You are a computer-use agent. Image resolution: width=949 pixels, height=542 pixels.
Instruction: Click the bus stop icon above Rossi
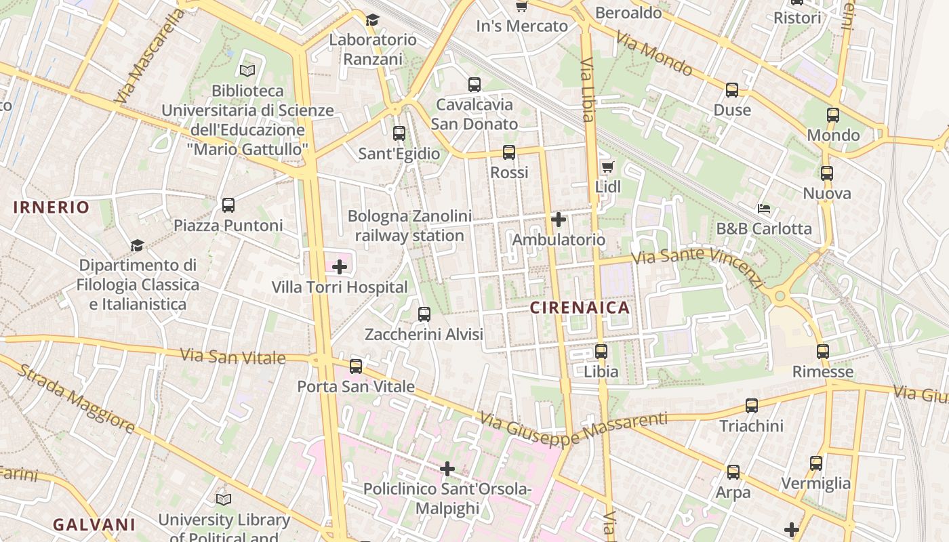pyautogui.click(x=509, y=152)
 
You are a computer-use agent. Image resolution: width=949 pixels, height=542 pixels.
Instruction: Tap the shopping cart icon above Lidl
pyautogui.click(x=607, y=167)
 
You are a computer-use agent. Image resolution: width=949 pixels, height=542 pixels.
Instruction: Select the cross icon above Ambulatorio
pyautogui.click(x=559, y=220)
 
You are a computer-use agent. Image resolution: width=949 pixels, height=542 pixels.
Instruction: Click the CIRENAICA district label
pyautogui.click(x=580, y=308)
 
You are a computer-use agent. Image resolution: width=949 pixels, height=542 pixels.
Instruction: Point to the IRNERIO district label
pyautogui.click(x=51, y=207)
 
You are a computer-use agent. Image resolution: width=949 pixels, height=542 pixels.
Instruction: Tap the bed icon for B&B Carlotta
pyautogui.click(x=764, y=209)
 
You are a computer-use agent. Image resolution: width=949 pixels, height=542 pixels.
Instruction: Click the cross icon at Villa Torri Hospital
pyautogui.click(x=340, y=267)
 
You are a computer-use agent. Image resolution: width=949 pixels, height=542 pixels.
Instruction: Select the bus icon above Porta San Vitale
pyautogui.click(x=356, y=367)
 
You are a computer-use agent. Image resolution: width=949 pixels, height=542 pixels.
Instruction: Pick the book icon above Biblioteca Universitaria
pyautogui.click(x=247, y=70)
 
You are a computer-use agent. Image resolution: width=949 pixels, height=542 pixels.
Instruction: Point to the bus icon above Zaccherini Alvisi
pyautogui.click(x=424, y=314)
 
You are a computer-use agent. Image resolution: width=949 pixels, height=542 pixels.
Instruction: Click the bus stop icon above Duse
pyautogui.click(x=732, y=90)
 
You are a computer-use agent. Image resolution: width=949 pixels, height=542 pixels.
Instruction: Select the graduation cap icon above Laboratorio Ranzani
pyautogui.click(x=372, y=20)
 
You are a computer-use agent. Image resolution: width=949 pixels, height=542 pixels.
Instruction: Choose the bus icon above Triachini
pyautogui.click(x=752, y=406)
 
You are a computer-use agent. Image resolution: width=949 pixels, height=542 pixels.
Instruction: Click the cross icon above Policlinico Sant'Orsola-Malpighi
pyautogui.click(x=447, y=469)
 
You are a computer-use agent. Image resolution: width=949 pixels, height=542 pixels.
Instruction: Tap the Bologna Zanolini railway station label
pyautogui.click(x=409, y=226)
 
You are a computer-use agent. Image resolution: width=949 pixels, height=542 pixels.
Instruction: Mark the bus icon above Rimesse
pyautogui.click(x=823, y=352)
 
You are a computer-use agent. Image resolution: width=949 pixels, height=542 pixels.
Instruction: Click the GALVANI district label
pyautogui.click(x=94, y=524)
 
